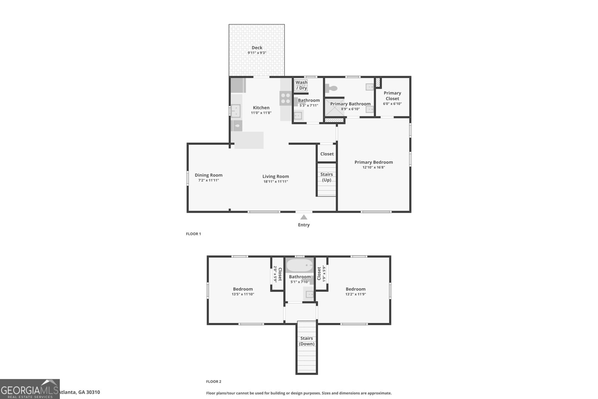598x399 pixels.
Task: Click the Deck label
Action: coord(257,48)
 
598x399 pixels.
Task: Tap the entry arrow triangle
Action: coord(304,217)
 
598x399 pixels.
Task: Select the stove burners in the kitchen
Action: coord(286,98)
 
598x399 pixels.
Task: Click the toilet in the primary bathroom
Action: coord(331,89)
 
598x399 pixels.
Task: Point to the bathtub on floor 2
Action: coord(299,266)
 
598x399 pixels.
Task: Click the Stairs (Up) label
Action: coord(327,177)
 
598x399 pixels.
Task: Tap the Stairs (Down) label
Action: coord(306,341)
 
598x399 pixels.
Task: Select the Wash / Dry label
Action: coord(301,85)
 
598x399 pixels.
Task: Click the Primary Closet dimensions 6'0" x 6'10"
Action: coord(392,104)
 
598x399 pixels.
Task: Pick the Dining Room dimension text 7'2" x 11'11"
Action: coord(208,180)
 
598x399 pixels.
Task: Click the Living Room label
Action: coord(275,177)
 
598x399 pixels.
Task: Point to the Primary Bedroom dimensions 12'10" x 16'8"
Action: coord(373,168)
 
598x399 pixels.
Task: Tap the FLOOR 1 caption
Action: coord(193,234)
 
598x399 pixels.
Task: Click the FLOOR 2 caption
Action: coord(213,382)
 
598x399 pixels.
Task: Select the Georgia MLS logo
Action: coord(30,389)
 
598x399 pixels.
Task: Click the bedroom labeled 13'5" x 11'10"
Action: coord(243,291)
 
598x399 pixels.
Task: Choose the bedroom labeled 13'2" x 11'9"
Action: coord(355,291)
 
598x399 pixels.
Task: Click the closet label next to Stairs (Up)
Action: coord(327,154)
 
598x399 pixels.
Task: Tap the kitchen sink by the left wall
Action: coord(235,111)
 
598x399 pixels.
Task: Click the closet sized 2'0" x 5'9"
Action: coord(277,274)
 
